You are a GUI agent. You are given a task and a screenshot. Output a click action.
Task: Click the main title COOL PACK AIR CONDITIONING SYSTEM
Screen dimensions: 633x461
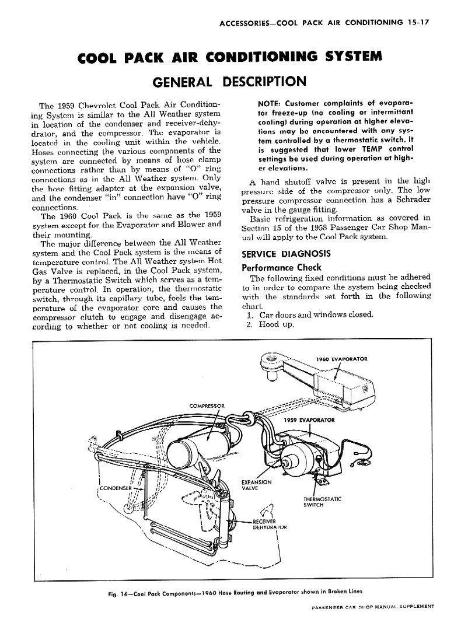tap(230, 57)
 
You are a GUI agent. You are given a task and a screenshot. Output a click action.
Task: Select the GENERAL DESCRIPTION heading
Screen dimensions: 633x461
tap(230, 81)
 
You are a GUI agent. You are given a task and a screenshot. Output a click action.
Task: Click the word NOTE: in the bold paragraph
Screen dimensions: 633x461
tap(271, 104)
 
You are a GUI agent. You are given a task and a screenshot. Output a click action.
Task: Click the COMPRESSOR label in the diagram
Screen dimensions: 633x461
tap(207, 405)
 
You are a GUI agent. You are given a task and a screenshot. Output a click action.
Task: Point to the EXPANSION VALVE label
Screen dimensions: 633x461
tap(256, 485)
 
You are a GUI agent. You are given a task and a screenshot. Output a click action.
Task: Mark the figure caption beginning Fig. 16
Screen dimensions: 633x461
tap(230, 590)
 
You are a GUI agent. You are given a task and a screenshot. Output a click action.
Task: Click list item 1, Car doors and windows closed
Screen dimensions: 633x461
tap(309, 315)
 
